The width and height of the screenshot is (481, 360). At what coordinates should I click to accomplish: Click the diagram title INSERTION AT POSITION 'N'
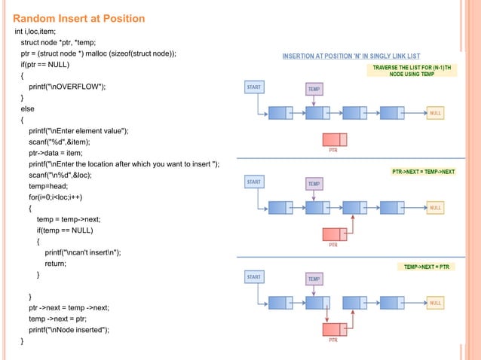[x=351, y=56]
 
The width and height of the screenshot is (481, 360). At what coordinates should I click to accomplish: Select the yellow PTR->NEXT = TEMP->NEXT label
[x=424, y=172]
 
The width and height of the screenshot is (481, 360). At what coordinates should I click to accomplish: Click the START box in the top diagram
[x=254, y=87]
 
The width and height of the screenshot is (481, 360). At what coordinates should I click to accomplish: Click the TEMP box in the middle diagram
[x=314, y=183]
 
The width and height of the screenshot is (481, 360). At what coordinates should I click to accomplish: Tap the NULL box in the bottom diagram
[x=435, y=304]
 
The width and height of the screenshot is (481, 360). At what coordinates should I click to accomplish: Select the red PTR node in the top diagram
[x=333, y=139]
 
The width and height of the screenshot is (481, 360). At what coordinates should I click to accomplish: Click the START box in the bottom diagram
[x=254, y=277]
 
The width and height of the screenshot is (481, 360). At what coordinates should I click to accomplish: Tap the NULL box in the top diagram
[x=435, y=113]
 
